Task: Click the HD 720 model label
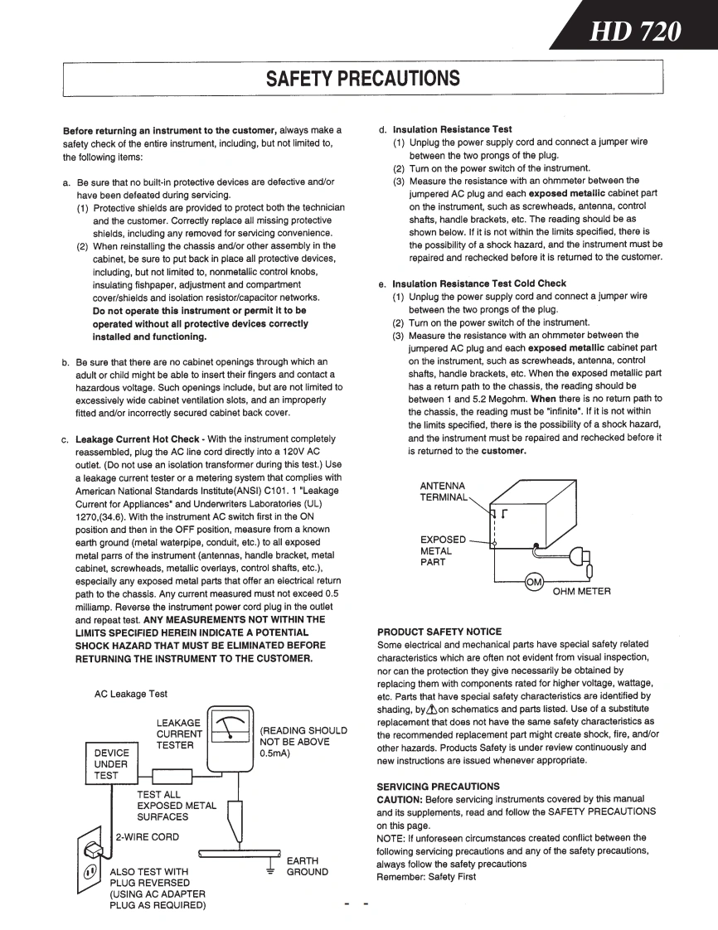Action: click(x=636, y=32)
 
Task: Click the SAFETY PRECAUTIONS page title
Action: click(x=362, y=79)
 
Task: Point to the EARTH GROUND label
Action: click(x=307, y=866)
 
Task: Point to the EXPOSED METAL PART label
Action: click(x=444, y=550)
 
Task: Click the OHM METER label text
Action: click(x=581, y=591)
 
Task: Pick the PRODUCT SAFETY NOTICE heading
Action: click(x=439, y=632)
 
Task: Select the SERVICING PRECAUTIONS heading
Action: click(x=437, y=785)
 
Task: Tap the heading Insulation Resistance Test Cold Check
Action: click(x=479, y=283)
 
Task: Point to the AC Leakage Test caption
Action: click(x=130, y=693)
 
